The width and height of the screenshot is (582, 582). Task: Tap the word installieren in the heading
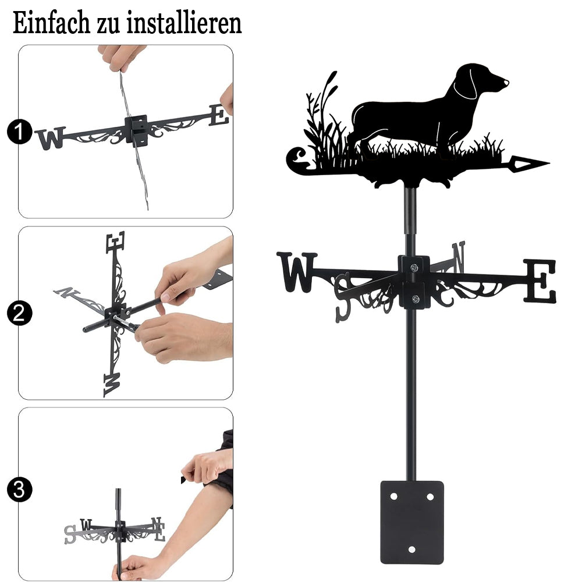(184, 23)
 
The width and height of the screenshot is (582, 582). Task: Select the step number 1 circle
(19, 132)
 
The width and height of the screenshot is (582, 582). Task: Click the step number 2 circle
(19, 313)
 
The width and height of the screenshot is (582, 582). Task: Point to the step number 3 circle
(19, 489)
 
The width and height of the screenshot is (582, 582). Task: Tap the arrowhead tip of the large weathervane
(549, 162)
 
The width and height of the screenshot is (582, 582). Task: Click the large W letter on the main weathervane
(297, 272)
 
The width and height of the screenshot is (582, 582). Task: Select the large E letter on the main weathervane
(540, 281)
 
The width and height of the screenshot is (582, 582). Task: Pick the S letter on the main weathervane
(344, 297)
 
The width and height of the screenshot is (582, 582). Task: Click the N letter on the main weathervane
(459, 257)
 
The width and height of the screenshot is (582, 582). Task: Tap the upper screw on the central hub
(414, 267)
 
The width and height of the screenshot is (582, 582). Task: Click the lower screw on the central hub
(416, 299)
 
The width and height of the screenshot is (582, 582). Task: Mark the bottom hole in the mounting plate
(411, 549)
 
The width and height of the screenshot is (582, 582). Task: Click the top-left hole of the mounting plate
(393, 496)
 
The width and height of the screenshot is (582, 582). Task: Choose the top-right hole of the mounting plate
(430, 496)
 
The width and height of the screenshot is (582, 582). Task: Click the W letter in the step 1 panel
(51, 138)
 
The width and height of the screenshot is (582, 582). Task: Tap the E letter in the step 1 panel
(219, 115)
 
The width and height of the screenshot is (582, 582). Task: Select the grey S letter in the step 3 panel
(70, 534)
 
